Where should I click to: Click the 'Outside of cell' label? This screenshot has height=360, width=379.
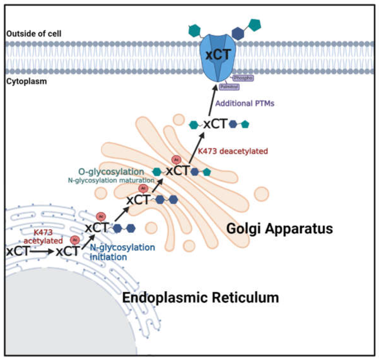(x=34, y=34)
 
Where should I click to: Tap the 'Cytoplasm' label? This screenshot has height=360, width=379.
(x=27, y=81)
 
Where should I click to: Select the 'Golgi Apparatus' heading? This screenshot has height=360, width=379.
(x=279, y=228)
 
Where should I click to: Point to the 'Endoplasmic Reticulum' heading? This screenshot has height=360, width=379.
(x=200, y=297)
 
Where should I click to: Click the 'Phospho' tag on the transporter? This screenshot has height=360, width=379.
(x=243, y=78)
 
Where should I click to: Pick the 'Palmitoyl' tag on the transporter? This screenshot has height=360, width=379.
(x=229, y=87)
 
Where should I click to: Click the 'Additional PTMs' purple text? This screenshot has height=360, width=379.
(x=245, y=104)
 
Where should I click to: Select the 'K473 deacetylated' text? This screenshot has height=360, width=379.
(x=233, y=151)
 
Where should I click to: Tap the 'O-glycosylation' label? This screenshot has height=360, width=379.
(x=111, y=171)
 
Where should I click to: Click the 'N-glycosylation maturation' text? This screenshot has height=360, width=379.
(x=111, y=180)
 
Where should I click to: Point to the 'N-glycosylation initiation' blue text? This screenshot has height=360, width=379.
(x=122, y=252)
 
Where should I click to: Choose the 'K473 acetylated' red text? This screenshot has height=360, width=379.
(x=43, y=237)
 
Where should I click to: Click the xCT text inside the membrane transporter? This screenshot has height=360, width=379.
(x=217, y=55)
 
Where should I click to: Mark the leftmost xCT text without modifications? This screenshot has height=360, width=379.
(x=18, y=251)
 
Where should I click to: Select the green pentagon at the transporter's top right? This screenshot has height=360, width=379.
(x=254, y=25)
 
